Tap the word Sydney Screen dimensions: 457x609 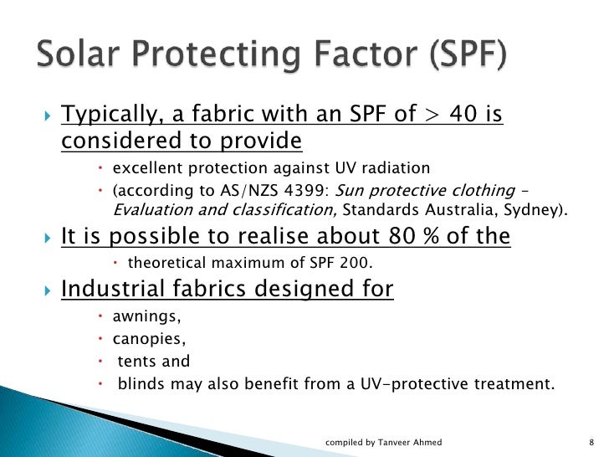coord(538,208)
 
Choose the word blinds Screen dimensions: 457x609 coord(140,385)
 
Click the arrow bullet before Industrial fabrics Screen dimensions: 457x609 coord(47,290)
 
